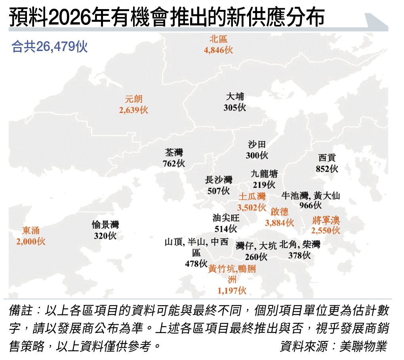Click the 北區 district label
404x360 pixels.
[x=219, y=39]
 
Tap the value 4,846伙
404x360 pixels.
[x=219, y=50]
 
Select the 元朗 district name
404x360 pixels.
[x=133, y=99]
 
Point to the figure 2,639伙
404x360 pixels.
[x=133, y=110]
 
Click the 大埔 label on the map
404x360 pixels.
[x=235, y=97]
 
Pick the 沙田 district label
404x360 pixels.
[x=257, y=145]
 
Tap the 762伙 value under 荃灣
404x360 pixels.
[x=173, y=163]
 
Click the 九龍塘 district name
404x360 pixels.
[x=264, y=174]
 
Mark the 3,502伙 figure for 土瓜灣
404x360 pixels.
[x=252, y=207]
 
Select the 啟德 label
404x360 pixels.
[x=280, y=212]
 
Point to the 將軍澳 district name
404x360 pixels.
[x=326, y=220]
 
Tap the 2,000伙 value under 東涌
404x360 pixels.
[x=31, y=241]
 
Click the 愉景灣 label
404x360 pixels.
[x=105, y=225]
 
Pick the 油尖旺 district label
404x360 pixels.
[x=226, y=218]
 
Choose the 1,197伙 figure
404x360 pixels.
[x=232, y=291]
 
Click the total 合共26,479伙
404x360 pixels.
[x=50, y=47]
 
